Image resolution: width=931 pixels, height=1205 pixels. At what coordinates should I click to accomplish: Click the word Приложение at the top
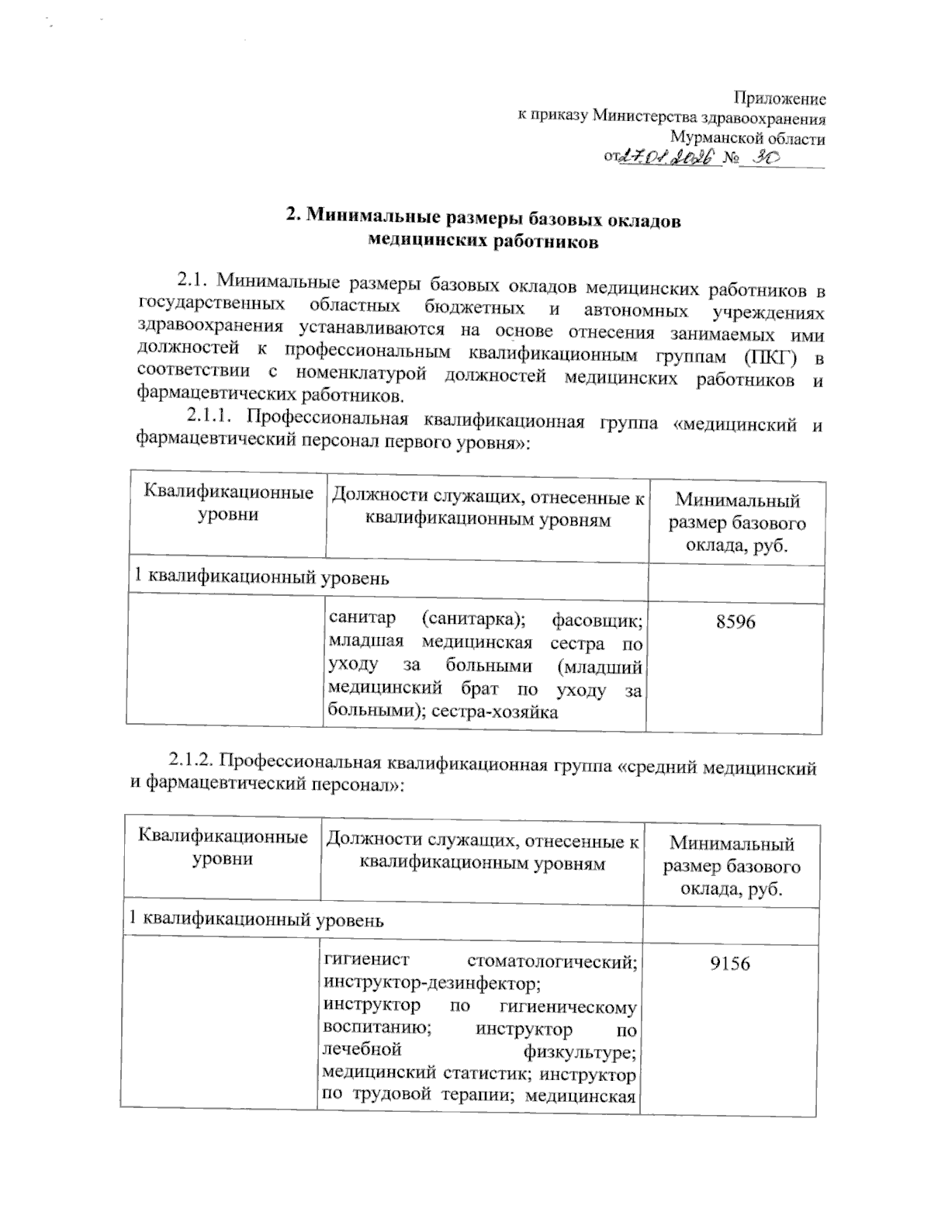coord(779,99)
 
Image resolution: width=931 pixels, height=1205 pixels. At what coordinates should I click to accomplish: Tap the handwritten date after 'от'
coord(665,158)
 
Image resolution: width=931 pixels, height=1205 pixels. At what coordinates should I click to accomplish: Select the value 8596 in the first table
coord(735,622)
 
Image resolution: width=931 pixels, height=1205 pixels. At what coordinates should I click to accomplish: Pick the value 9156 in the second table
coord(729,964)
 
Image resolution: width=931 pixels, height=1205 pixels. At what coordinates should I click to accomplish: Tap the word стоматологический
coord(554,963)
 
